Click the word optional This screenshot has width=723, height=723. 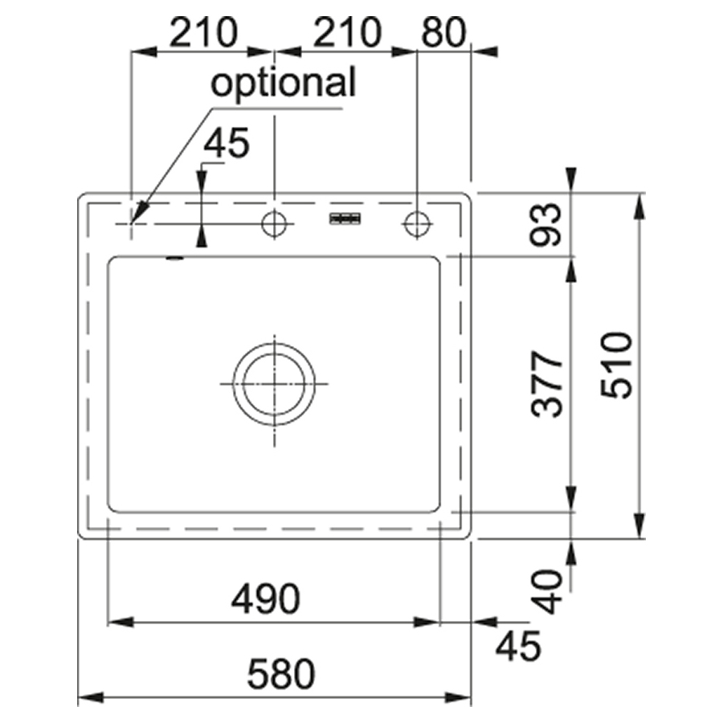pyautogui.click(x=283, y=84)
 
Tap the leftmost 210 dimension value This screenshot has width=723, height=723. pyautogui.click(x=203, y=32)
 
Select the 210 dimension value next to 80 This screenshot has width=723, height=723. pyautogui.click(x=347, y=32)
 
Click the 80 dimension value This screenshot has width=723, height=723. pyautogui.click(x=443, y=32)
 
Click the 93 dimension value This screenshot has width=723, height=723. pyautogui.click(x=546, y=225)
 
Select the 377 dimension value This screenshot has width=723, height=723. pyautogui.click(x=547, y=384)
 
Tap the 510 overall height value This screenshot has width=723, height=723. pyautogui.click(x=616, y=365)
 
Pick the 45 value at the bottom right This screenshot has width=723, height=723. pyautogui.click(x=518, y=646)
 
